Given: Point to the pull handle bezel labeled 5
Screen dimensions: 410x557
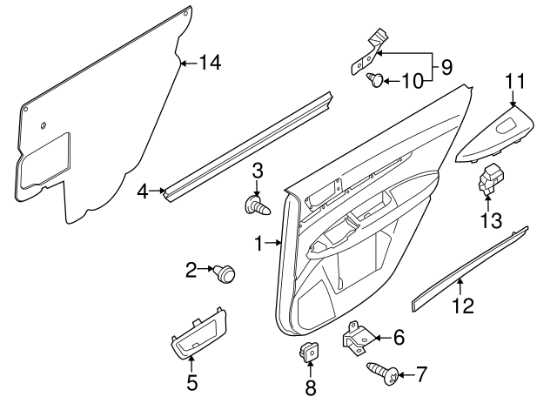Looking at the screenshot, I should (x=198, y=334).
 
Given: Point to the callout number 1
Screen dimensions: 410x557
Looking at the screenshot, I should (x=258, y=245).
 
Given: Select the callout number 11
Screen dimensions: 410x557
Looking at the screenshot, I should (x=516, y=81).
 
